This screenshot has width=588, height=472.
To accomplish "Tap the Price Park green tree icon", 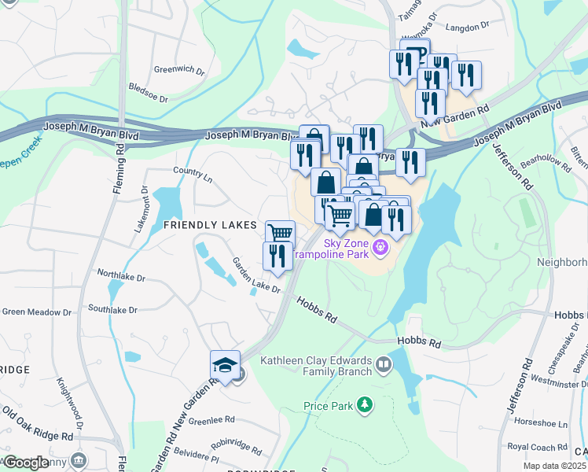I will (x=363, y=405).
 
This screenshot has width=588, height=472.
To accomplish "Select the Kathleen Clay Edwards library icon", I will (x=383, y=364).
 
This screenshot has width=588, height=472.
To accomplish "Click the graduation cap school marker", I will (x=225, y=365).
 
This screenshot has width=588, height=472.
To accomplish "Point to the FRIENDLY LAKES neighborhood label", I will (x=210, y=225).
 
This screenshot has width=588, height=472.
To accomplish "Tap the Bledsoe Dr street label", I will (x=148, y=94).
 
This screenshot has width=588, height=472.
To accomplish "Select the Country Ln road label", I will (x=193, y=174).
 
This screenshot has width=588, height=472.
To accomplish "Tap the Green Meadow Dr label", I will (x=36, y=312).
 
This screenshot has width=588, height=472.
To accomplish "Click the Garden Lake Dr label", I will (x=255, y=275).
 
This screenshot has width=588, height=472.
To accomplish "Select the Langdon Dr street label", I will (x=467, y=28).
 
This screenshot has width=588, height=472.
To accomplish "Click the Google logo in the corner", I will (x=27, y=463).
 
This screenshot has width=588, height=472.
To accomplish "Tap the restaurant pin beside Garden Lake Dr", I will (x=277, y=256).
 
